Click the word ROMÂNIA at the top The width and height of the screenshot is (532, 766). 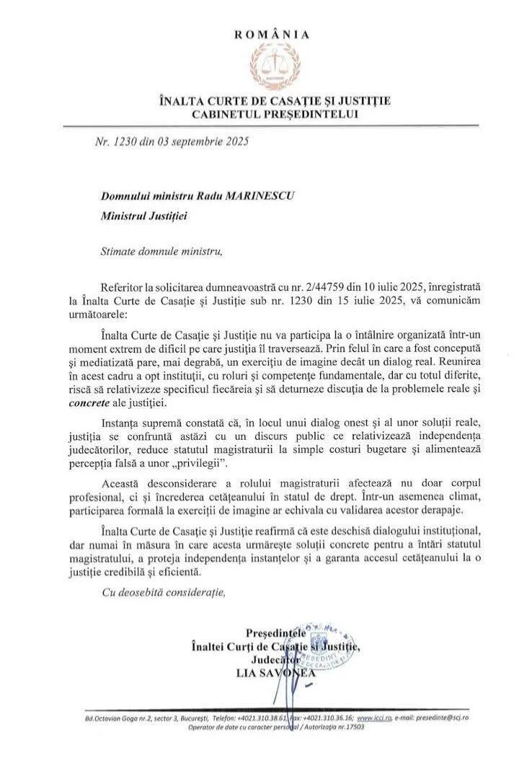click(272, 34)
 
